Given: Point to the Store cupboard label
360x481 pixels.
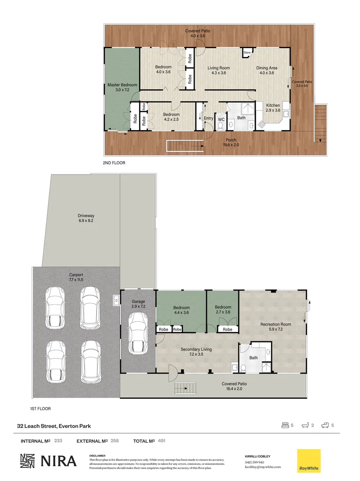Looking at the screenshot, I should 247,53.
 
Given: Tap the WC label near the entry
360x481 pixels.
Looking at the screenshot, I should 221,119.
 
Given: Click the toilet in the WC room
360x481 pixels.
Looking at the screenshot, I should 221,126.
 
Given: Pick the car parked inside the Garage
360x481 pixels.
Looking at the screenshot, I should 138,333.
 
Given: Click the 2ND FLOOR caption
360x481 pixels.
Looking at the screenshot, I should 114,163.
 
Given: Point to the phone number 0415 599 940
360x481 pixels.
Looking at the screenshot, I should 255,462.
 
